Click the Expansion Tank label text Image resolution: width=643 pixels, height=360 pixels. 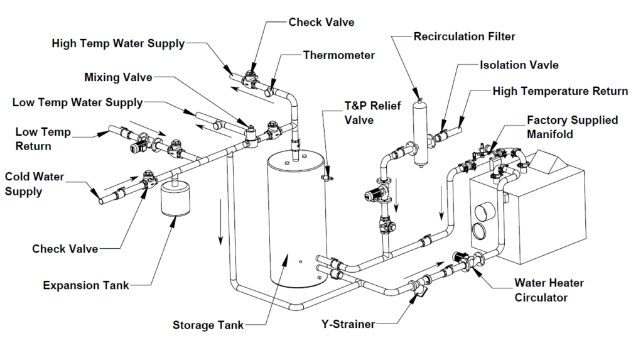[x=86, y=285]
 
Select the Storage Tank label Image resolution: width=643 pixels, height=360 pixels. [x=208, y=325]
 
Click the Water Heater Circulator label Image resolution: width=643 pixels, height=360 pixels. [x=549, y=290]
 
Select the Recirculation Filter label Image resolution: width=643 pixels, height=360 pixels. [x=464, y=36]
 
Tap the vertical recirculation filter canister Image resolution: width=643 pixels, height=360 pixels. [x=419, y=132]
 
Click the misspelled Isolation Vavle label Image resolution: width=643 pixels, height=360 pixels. [x=519, y=65]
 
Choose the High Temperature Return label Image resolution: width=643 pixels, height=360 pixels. [x=560, y=91]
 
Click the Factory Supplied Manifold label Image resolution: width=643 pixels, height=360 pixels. [x=572, y=127]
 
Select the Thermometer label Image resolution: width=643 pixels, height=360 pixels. [x=338, y=55]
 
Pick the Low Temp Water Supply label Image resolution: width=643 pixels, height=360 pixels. [x=77, y=102]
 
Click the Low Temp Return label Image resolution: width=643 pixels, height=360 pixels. [x=43, y=139]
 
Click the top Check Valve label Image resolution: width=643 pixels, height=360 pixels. [x=321, y=22]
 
